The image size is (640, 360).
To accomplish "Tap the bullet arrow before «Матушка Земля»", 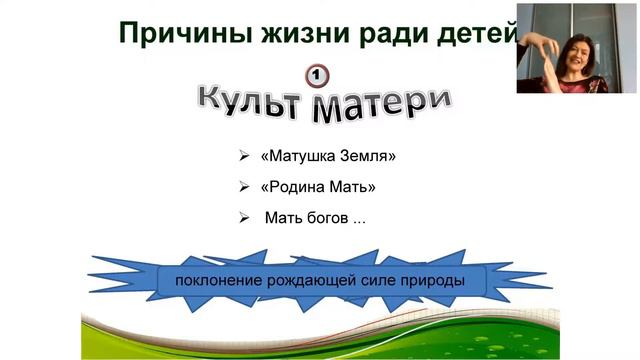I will [244, 157].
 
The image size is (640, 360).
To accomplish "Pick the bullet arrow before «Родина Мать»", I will [244, 187].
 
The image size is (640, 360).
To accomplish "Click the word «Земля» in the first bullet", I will [361, 157].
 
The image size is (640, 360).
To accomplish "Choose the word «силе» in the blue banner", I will [382, 279].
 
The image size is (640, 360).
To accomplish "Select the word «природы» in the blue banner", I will [436, 279].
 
